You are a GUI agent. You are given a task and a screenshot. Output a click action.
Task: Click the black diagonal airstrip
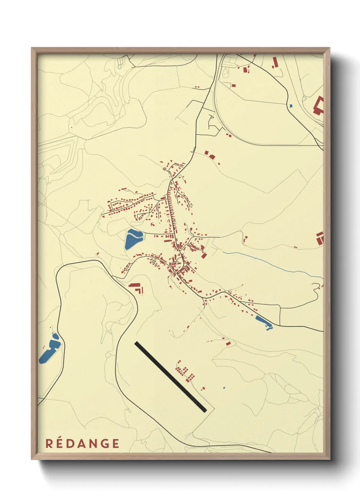170,377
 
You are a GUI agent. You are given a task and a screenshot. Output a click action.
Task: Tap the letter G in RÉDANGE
105,443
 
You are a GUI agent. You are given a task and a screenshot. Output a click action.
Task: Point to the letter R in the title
49,443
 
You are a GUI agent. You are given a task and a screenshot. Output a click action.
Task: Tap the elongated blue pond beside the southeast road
263,322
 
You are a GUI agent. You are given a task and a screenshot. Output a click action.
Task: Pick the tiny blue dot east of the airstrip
224,388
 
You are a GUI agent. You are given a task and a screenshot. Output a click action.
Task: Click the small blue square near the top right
291,106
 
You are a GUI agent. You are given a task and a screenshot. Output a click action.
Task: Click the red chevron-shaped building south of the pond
136,287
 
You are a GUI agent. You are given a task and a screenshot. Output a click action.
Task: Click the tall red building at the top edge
275,62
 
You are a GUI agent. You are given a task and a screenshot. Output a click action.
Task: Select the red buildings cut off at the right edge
320,238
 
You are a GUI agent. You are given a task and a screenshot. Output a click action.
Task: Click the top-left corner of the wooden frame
32,48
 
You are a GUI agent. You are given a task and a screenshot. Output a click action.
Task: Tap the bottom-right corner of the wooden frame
329,459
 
